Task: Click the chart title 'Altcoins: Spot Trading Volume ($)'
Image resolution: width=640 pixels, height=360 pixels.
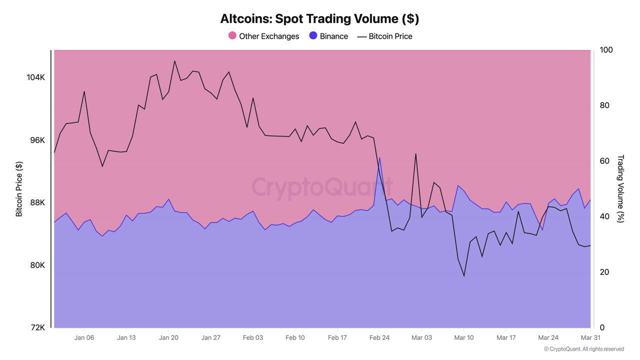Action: [x=319, y=19]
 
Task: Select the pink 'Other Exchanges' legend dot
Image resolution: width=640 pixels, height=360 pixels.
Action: [x=232, y=35]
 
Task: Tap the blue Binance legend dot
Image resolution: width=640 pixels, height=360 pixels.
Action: [x=313, y=35]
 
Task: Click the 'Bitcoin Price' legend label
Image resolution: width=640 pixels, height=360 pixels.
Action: [x=390, y=36]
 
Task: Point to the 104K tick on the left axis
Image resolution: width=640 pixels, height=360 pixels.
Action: [x=35, y=77]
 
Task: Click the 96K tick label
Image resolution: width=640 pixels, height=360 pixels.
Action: [x=37, y=140]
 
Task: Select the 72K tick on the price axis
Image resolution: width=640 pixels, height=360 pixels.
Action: [x=37, y=327]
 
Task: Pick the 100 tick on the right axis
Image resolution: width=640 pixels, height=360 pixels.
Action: [x=605, y=50]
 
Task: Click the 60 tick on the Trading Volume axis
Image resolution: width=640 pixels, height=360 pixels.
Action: [x=604, y=161]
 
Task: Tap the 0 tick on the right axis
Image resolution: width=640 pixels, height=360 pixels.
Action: [x=602, y=327]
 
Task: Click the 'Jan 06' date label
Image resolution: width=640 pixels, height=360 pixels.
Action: [x=84, y=337]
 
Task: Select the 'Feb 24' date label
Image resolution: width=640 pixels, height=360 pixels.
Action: [x=379, y=337]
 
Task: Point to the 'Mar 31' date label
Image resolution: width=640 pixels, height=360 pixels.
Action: [x=590, y=337]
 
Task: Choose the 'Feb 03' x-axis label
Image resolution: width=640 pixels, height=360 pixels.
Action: [x=253, y=337]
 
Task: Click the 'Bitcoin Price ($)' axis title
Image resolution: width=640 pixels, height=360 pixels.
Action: [x=19, y=189]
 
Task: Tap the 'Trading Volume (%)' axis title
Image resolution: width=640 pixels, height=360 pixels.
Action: [x=620, y=188]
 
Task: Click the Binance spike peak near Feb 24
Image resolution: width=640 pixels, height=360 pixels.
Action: [x=379, y=157]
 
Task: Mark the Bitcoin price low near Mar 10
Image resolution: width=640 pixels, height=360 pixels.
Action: [x=464, y=276]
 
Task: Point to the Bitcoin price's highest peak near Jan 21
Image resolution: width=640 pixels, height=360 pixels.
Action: [x=174, y=61]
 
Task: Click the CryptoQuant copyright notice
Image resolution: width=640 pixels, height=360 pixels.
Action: [x=583, y=349]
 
